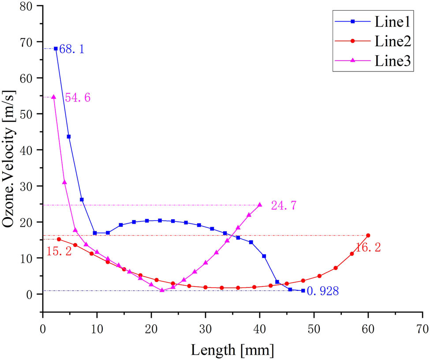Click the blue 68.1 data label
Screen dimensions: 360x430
coord(71,49)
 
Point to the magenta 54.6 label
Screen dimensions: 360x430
coord(78,98)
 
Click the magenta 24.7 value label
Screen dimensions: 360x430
coord(284,206)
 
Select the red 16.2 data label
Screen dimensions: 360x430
coord(369,248)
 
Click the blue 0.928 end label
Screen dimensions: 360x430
coord(322,292)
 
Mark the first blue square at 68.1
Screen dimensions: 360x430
coord(56,49)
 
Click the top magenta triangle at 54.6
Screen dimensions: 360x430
coord(54,97)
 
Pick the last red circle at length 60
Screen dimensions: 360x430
coord(368,236)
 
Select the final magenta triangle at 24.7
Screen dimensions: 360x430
coord(260,205)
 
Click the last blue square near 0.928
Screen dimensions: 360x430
coord(303,291)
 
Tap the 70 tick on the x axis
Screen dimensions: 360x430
coord(423,329)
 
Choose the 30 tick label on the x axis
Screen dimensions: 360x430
coord(206,329)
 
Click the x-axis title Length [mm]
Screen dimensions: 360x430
coord(232,350)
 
